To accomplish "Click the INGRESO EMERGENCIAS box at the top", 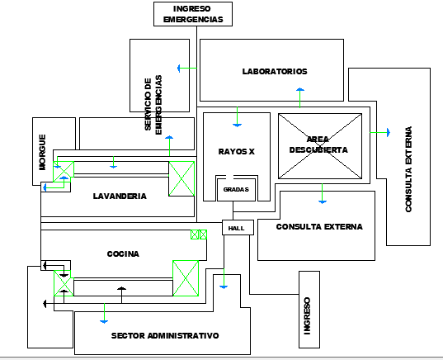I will click(192, 14).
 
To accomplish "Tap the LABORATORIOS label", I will click(274, 71).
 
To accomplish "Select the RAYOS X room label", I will click(237, 152).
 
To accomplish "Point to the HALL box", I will click(236, 228).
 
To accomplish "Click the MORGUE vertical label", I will click(42, 151).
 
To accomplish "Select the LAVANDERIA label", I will click(120, 197).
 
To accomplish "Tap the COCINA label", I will click(123, 254).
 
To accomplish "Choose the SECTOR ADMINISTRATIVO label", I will click(165, 336).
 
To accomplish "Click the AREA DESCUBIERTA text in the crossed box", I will click(318, 144).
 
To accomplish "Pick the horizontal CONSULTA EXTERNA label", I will click(319, 227).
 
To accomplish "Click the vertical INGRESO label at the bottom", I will click(306, 315).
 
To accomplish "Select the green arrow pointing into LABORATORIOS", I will click(187, 68).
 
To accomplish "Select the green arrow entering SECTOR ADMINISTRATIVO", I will click(105, 313).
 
